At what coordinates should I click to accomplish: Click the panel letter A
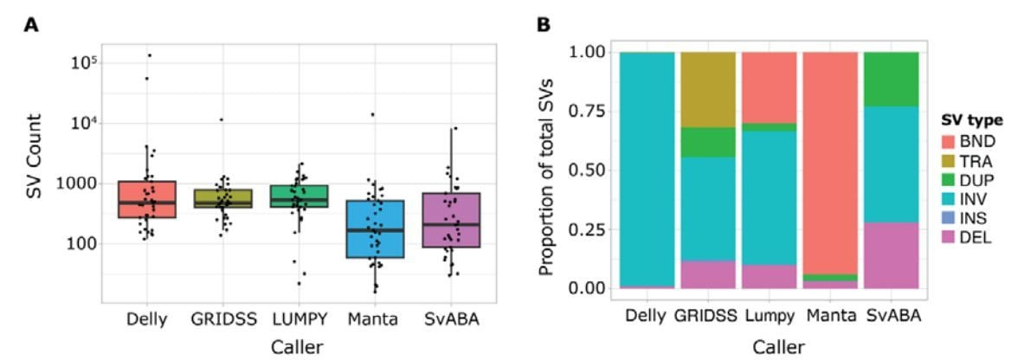[x=31, y=25]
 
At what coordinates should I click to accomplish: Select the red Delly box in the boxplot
[x=146, y=199]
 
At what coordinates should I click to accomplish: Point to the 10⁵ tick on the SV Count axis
[x=84, y=63]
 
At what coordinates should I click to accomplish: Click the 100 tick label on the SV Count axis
[x=80, y=243]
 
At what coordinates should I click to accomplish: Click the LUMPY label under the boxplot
[x=299, y=320]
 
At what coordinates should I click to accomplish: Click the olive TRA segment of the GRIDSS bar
[x=707, y=89]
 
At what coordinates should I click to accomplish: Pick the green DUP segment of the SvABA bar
[x=892, y=79]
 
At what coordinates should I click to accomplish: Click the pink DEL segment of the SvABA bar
[x=892, y=254]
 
